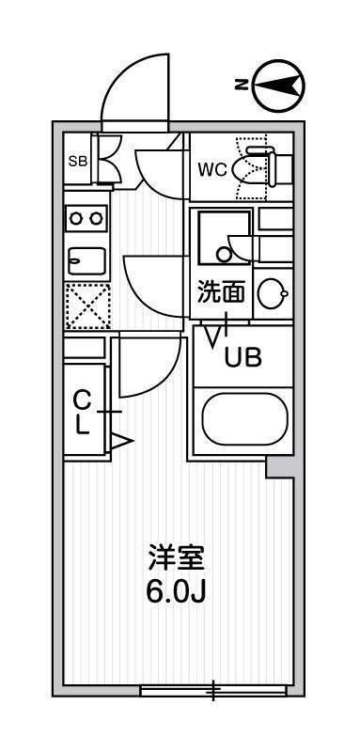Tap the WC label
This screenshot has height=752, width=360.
pyautogui.click(x=210, y=170)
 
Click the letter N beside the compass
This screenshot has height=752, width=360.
pyautogui.click(x=242, y=86)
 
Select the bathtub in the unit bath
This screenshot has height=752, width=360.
pyautogui.click(x=242, y=419)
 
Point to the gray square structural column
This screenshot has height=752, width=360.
pyautogui.click(x=279, y=467)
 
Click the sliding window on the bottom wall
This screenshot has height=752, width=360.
pyautogui.click(x=213, y=691)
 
